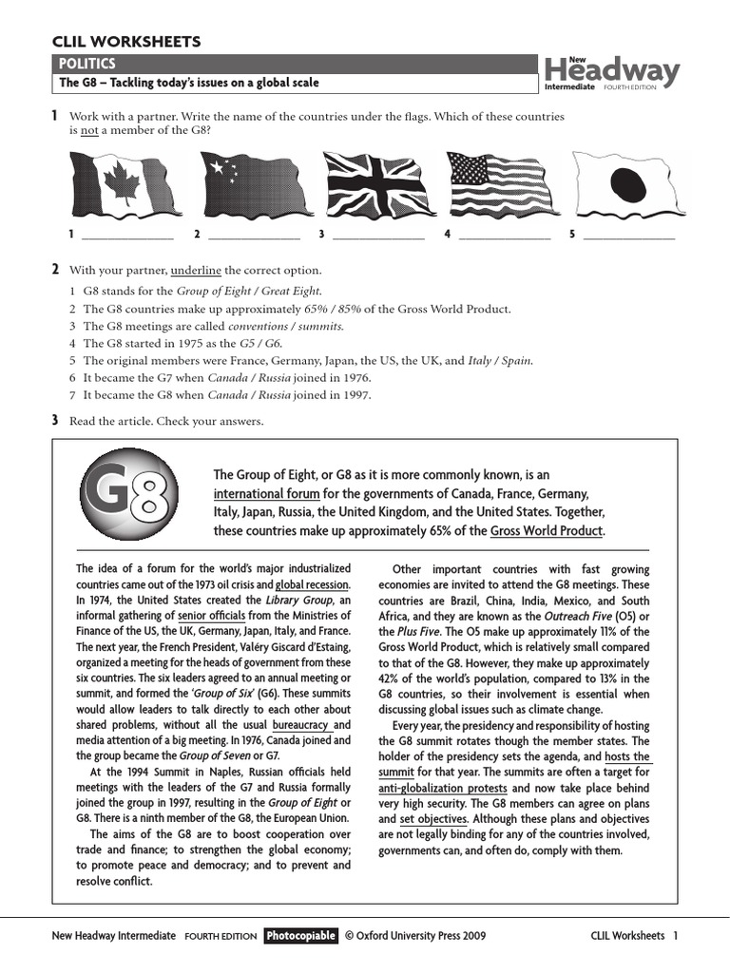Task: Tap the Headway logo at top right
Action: tap(611, 73)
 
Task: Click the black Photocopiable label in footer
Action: tap(300, 936)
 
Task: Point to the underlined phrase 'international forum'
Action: tap(266, 494)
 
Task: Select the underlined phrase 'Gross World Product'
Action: tap(547, 531)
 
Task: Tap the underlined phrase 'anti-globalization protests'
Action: tap(454, 789)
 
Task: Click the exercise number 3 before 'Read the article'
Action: tap(55, 420)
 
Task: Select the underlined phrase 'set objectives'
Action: tap(433, 819)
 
